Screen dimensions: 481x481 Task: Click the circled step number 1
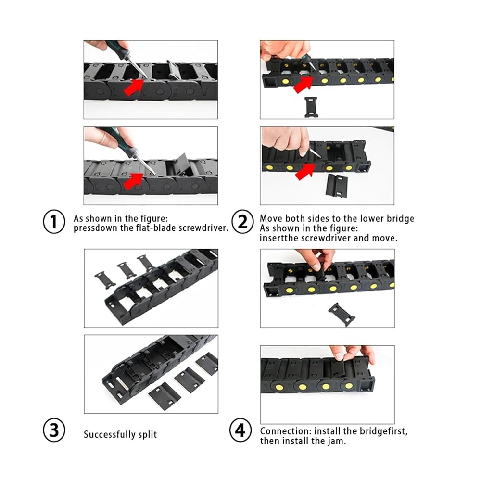click(x=54, y=221)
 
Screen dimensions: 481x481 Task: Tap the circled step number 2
click(x=242, y=221)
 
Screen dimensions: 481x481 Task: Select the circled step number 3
click(x=54, y=430)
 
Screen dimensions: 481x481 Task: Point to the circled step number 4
click(x=240, y=430)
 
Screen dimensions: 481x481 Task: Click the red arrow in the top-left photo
click(x=134, y=87)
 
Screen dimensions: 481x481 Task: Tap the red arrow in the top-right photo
click(x=303, y=84)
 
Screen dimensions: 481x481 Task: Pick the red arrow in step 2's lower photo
click(x=305, y=172)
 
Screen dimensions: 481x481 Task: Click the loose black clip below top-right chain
click(x=311, y=107)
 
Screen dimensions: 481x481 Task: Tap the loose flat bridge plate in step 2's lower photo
click(x=337, y=185)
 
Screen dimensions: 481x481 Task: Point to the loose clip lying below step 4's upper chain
click(x=342, y=315)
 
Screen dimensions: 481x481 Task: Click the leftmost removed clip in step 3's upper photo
click(x=104, y=280)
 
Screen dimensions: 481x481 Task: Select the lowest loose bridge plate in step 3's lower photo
click(x=161, y=393)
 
